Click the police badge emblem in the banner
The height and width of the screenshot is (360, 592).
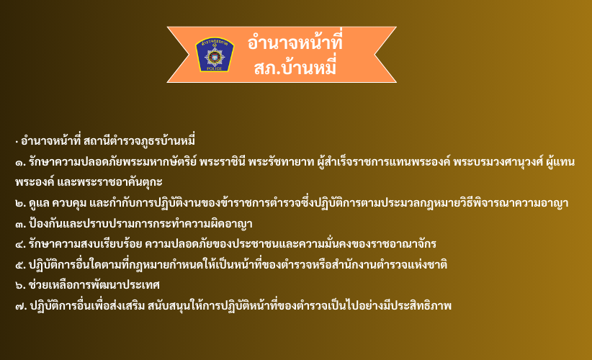click(x=215, y=54)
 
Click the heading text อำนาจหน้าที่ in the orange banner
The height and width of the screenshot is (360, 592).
click(x=295, y=42)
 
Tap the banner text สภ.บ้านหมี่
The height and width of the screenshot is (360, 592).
click(x=295, y=68)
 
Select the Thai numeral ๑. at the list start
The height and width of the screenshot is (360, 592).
click(x=20, y=163)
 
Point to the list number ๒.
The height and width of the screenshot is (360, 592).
click(x=20, y=203)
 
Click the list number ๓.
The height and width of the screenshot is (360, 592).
click(x=20, y=224)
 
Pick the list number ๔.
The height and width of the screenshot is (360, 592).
click(x=20, y=245)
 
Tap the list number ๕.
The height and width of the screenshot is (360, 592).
click(x=20, y=265)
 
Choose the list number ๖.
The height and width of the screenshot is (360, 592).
click(x=20, y=285)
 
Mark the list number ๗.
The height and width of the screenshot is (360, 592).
click(x=21, y=306)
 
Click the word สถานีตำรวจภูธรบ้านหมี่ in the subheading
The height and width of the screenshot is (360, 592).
click(x=139, y=140)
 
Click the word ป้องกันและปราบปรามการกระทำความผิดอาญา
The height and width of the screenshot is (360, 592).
click(x=140, y=223)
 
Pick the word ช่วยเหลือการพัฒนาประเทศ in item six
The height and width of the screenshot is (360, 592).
click(x=94, y=285)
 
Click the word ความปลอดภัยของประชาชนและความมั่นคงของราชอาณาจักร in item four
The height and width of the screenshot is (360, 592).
click(x=291, y=244)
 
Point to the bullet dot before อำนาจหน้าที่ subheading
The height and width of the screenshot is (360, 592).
click(x=17, y=143)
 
